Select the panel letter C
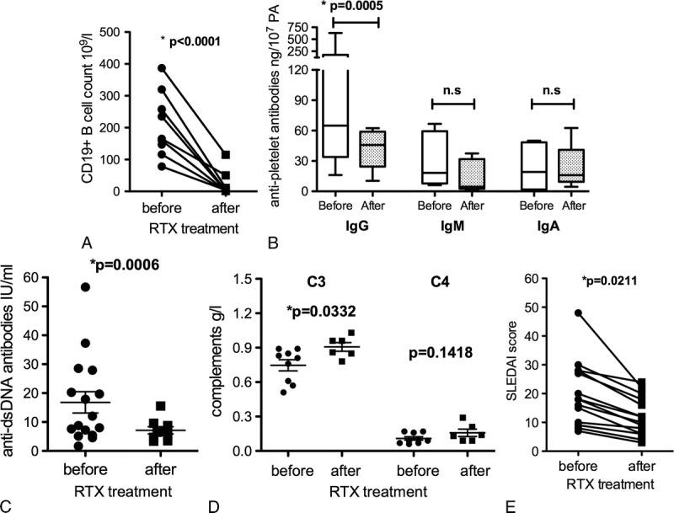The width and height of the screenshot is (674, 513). [8, 505]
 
